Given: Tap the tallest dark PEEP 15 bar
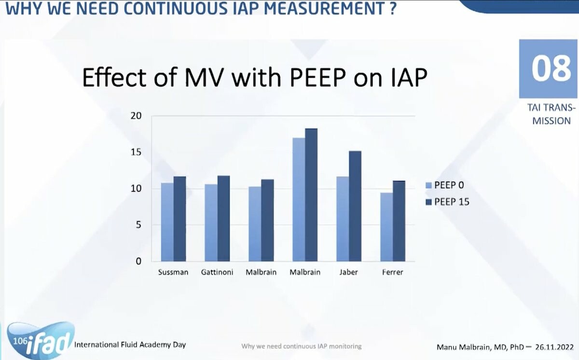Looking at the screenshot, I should [x=311, y=195].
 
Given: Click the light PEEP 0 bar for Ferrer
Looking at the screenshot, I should [x=386, y=227].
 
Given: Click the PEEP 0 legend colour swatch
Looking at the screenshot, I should [x=428, y=185].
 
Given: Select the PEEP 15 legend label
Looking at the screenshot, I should [x=452, y=202].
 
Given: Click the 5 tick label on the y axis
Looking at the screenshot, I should [x=138, y=225].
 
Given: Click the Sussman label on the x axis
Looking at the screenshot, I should [x=173, y=272].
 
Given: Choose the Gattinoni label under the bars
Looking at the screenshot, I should [x=217, y=272].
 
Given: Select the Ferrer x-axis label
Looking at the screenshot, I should [x=392, y=272].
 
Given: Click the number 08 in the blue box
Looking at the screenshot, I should [x=551, y=69].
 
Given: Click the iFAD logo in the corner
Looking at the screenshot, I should [x=41, y=340].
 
